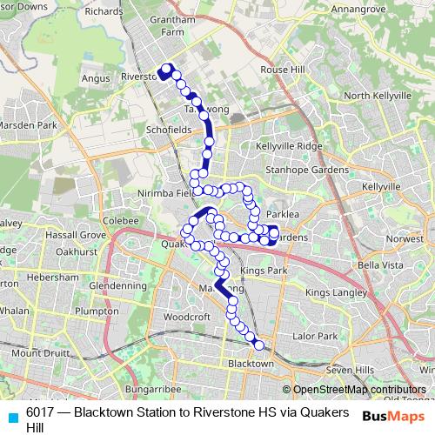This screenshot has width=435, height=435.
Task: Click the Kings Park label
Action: pyautogui.click(x=264, y=272)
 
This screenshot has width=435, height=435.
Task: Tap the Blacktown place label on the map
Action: pyautogui.click(x=250, y=363)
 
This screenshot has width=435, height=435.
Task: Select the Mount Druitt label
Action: pyautogui.click(x=38, y=352)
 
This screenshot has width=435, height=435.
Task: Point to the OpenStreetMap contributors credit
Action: pyautogui.click(x=359, y=390)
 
